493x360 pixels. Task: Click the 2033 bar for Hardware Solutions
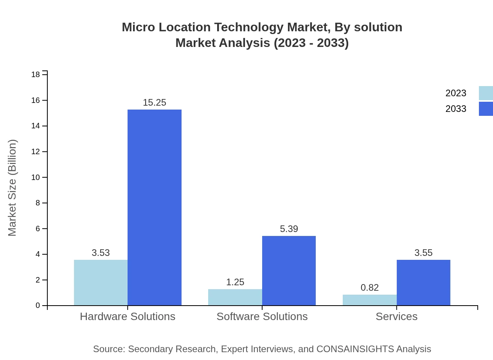pos(155,207)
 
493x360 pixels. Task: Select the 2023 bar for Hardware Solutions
pos(101,283)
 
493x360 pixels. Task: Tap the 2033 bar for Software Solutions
pos(289,270)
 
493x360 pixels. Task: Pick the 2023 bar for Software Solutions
pos(235,297)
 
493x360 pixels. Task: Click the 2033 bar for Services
pos(423,283)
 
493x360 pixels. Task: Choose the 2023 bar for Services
pos(369,300)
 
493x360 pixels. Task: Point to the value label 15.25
pos(155,103)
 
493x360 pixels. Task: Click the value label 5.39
pos(289,229)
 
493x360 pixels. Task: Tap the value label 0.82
pos(369,288)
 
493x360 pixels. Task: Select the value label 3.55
pos(423,253)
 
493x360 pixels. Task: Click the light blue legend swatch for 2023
pos(486,93)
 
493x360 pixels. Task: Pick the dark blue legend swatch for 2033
pos(486,109)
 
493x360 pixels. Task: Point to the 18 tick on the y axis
pos(36,74)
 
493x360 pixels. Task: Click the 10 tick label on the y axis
pos(36,177)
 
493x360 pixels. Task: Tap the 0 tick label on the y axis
pos(38,305)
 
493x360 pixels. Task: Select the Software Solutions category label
pos(262,316)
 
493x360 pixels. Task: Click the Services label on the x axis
pos(396,316)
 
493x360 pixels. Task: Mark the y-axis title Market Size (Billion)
pos(12,188)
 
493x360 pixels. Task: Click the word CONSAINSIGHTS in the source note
pos(354,349)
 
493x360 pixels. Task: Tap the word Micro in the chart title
pos(137,27)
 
